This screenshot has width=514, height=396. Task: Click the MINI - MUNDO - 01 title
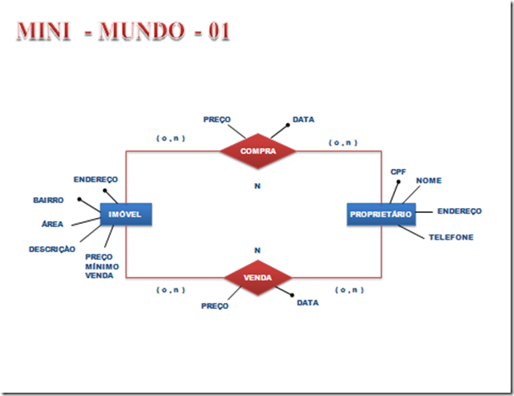click(122, 32)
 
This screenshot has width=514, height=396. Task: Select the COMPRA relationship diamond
click(258, 151)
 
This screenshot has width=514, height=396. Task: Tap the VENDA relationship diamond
click(258, 278)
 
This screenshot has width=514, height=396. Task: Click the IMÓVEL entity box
click(125, 215)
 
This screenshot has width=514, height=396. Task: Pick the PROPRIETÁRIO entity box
click(380, 215)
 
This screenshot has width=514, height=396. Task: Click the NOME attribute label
click(429, 181)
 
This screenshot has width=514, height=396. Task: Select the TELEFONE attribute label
click(451, 237)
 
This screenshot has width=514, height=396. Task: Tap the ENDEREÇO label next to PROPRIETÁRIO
click(459, 211)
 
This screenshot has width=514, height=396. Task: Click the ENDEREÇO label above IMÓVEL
click(96, 179)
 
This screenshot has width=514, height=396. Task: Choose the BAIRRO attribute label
click(48, 200)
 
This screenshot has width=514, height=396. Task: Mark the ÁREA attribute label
click(52, 224)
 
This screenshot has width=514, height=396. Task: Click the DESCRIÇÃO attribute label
click(52, 249)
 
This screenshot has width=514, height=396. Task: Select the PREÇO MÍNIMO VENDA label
click(101, 266)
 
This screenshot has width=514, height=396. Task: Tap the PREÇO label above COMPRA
click(217, 120)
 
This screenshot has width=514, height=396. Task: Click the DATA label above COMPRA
click(304, 120)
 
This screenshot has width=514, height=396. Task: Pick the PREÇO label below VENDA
click(215, 306)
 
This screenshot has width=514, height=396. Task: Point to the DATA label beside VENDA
click(308, 302)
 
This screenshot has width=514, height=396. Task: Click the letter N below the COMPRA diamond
click(258, 186)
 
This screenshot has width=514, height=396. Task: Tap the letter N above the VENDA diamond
click(258, 250)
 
